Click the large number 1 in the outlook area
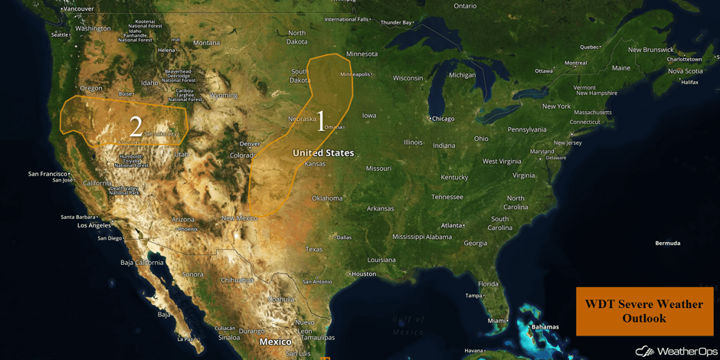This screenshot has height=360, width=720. (x=321, y=122)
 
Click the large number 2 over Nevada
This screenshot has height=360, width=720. (x=136, y=126)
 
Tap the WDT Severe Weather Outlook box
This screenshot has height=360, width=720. (x=643, y=311)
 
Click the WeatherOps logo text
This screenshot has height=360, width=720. (x=675, y=351)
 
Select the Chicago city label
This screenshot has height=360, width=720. (x=442, y=119)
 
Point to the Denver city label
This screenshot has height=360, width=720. (x=250, y=144)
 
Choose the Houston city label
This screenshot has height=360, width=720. (x=363, y=273)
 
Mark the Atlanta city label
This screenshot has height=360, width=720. (x=452, y=225)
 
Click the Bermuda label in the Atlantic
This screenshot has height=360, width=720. (x=667, y=243)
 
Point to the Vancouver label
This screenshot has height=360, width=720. (x=79, y=9)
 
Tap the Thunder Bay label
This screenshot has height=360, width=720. (x=397, y=22)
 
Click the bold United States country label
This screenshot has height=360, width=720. (x=323, y=153)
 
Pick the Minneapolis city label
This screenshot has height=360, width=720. (x=355, y=74)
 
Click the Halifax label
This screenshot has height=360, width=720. (x=689, y=82)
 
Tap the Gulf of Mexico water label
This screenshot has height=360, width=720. (x=408, y=326)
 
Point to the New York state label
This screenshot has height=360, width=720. (x=556, y=106)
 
